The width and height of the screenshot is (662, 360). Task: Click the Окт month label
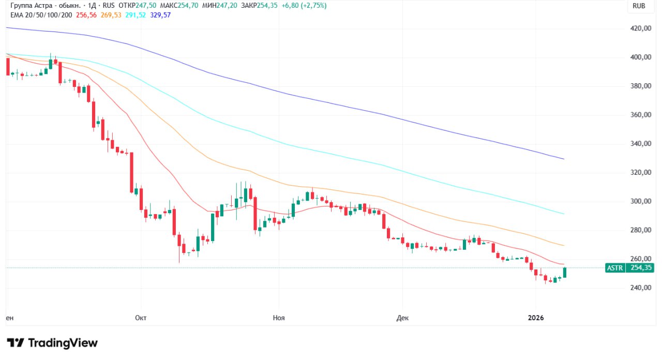point(141,318)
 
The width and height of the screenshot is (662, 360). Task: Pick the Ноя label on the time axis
point(278,318)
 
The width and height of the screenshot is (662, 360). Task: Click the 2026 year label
point(536,318)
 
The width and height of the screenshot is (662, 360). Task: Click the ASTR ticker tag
point(614,268)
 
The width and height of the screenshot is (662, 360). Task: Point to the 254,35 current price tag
point(640,268)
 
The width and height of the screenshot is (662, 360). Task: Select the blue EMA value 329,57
point(160,15)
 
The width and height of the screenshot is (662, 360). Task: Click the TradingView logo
point(52,342)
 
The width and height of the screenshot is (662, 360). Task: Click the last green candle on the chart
point(565,273)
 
